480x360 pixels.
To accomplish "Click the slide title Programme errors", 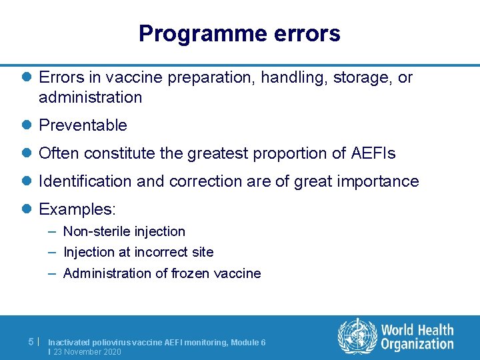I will pos(239,33).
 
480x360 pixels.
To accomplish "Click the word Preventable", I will pos(83,125).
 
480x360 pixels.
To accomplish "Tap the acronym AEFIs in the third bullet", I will pos(373,153).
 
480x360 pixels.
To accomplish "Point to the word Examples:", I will pos(77,209).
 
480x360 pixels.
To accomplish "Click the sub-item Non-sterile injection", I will pos(124,231).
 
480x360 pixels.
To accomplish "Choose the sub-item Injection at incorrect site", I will pos(138,252).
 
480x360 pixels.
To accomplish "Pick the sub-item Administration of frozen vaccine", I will pos(162,273).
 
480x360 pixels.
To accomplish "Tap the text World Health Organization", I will pos(417,337).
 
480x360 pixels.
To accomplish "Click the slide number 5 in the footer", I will pos(31,341).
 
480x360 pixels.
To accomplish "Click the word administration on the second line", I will pos(90,97).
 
